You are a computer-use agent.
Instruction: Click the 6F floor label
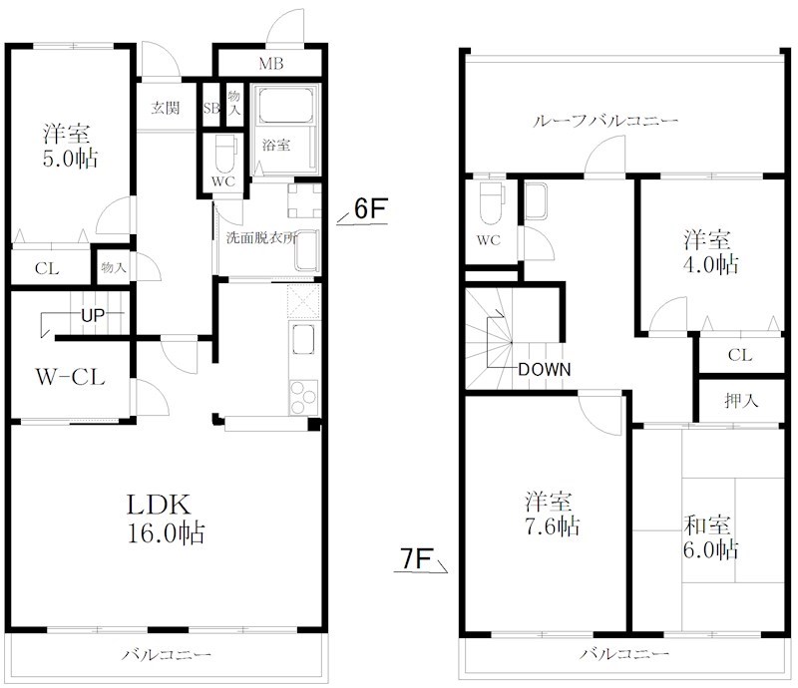tap(370, 208)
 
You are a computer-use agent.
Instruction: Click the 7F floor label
tap(416, 558)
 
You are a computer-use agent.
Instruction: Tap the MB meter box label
tap(270, 64)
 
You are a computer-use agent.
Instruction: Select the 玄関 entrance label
tap(166, 108)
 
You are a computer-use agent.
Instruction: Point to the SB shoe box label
tap(211, 108)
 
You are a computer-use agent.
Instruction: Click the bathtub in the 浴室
tap(285, 105)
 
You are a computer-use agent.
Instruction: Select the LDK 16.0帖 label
tap(166, 518)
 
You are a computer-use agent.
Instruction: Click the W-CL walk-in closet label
tap(70, 377)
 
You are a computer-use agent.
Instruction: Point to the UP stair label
tap(93, 315)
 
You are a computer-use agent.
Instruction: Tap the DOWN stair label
tap(544, 369)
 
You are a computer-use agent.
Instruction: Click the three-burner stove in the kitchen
tap(303, 398)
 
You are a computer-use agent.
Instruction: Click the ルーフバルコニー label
tap(605, 121)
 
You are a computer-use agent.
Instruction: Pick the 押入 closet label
tap(741, 401)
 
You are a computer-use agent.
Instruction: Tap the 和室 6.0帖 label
tap(710, 536)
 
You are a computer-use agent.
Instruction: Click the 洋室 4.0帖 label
tap(710, 252)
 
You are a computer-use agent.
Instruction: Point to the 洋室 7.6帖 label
tap(553, 514)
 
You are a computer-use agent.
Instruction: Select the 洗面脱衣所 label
tap(261, 237)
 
